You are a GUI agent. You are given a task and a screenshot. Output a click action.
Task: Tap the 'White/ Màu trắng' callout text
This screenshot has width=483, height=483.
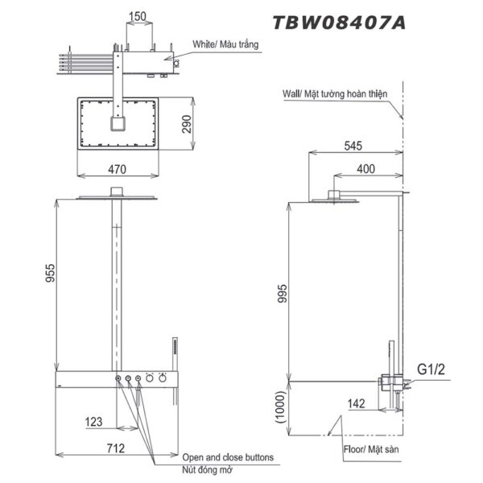[x=225, y=45]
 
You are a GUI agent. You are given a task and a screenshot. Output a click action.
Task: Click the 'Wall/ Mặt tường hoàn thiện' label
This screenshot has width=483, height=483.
[x=335, y=94]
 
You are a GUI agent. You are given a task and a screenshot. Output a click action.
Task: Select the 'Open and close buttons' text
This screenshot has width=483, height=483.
[x=228, y=456]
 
